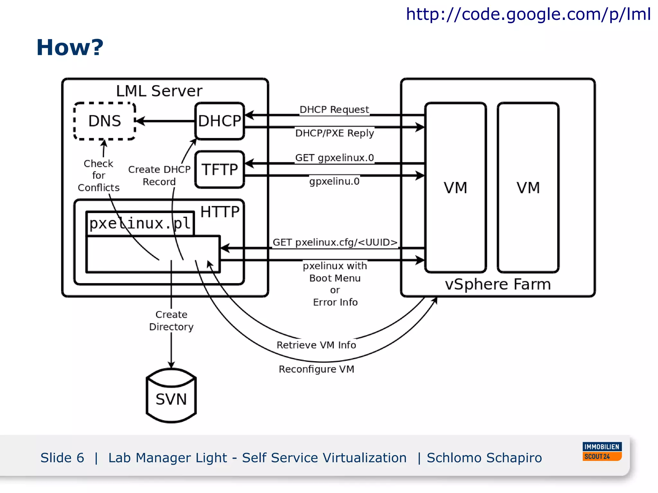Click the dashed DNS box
(x=105, y=121)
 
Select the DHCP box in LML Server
(x=220, y=121)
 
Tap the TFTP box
(x=220, y=169)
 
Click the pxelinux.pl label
(x=140, y=223)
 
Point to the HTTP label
(x=220, y=212)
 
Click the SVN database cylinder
(x=171, y=396)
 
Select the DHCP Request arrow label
(x=334, y=110)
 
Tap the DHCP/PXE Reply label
(x=334, y=133)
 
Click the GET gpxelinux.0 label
(x=334, y=158)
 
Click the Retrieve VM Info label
(x=316, y=345)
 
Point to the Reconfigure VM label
(x=316, y=369)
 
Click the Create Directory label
(x=171, y=321)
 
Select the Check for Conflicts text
(x=99, y=176)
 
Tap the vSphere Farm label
(x=498, y=284)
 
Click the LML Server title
(x=159, y=91)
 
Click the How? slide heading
(x=70, y=48)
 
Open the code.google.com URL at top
(x=528, y=14)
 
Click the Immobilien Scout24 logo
(x=602, y=451)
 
